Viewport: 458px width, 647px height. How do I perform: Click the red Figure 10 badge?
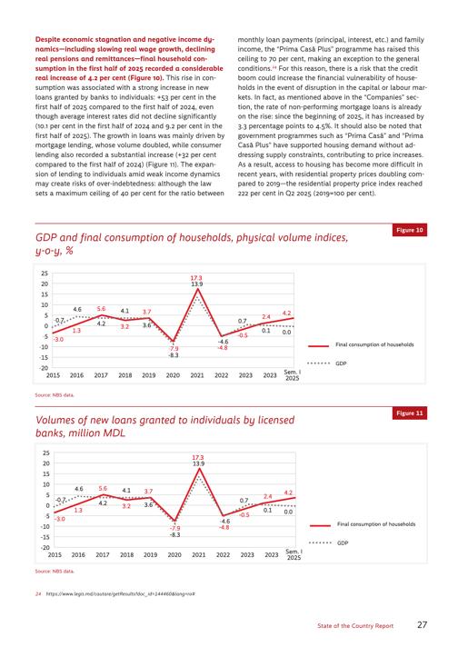[409, 230]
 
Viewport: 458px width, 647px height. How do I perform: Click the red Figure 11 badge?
[409, 413]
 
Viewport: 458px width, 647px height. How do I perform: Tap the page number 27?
[422, 624]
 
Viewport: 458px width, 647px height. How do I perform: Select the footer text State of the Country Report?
[355, 625]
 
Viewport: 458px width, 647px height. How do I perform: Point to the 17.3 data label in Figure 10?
[197, 278]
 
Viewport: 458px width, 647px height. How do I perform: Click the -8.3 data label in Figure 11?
[175, 534]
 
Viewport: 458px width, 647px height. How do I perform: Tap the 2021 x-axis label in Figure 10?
[197, 375]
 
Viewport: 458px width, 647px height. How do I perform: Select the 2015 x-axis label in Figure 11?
[55, 554]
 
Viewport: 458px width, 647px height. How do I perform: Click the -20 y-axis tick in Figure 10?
[45, 368]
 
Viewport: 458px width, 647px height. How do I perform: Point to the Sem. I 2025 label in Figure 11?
[294, 554]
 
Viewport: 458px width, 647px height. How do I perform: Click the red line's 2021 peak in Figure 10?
[197, 289]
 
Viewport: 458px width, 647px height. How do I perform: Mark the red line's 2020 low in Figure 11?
[175, 522]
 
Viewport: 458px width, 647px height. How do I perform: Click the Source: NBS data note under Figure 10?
[55, 395]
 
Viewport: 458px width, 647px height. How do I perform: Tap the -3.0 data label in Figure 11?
[60, 519]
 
